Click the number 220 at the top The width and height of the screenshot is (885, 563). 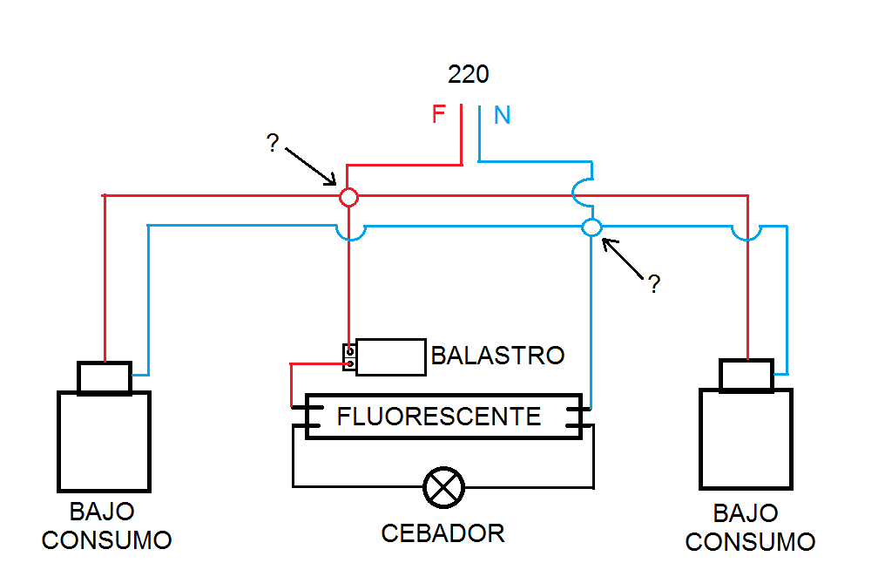click(x=469, y=74)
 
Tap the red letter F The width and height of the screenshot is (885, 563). click(x=439, y=114)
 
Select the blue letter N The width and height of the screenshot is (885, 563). click(x=503, y=115)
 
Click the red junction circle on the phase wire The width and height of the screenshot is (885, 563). click(x=348, y=197)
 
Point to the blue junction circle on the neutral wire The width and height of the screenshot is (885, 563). click(x=591, y=227)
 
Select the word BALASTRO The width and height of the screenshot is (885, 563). click(x=497, y=356)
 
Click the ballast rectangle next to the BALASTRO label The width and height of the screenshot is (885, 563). click(x=390, y=357)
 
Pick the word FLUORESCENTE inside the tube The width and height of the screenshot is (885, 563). click(x=439, y=416)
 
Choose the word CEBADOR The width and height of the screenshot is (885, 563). click(x=442, y=532)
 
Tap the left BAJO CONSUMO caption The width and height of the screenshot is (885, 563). click(x=106, y=526)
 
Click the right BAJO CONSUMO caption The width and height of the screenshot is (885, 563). click(x=750, y=526)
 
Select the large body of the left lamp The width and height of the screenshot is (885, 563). click(x=104, y=441)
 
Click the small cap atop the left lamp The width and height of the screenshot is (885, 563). click(x=105, y=377)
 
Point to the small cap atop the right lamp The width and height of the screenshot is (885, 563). click(x=747, y=375)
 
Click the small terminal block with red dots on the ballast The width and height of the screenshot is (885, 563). click(x=349, y=357)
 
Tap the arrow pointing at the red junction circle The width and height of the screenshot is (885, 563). click(x=310, y=166)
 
